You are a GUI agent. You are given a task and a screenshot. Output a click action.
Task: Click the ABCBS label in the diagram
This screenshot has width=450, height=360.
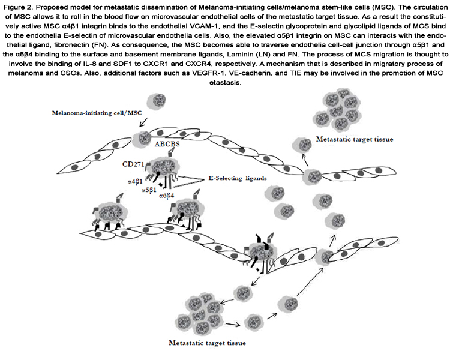point(167,144)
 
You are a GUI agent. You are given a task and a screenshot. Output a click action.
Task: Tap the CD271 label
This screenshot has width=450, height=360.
point(133,164)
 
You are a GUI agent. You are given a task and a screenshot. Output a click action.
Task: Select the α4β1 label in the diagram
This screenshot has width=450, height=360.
point(135,181)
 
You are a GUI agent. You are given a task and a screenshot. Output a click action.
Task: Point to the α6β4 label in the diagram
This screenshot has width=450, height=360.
point(166,196)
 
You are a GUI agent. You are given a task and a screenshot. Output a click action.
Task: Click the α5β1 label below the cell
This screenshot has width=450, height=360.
point(149,190)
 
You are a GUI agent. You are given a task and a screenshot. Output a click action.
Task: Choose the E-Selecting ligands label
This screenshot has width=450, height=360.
point(238,178)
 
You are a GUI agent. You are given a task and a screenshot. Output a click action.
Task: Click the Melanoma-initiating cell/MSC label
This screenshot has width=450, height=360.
point(97,113)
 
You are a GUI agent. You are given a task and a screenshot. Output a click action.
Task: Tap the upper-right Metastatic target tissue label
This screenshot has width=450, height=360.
point(355,139)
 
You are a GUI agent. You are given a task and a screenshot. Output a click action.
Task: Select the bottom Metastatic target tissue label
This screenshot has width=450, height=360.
point(207,343)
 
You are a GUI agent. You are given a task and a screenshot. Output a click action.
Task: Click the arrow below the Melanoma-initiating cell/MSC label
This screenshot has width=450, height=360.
point(143,122)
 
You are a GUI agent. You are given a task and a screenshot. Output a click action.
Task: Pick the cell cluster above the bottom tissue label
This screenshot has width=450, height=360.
point(199,316)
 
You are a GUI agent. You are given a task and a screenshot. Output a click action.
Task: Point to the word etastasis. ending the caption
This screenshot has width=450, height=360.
point(225,83)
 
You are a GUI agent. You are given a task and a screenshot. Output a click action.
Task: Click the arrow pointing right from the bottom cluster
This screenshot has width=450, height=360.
point(233,325)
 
